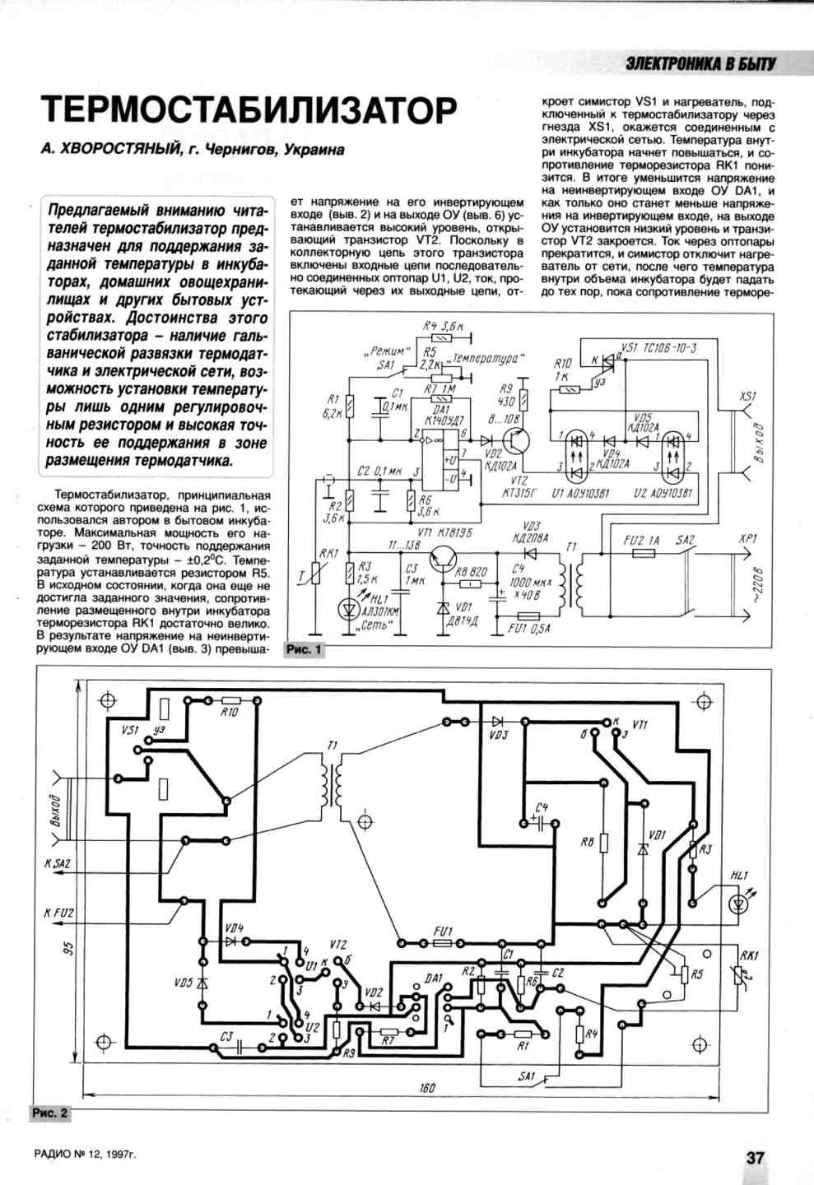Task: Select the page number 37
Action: pyautogui.click(x=755, y=1157)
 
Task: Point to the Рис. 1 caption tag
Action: pyautogui.click(x=304, y=650)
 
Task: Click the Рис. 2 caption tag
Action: pyautogui.click(x=50, y=1113)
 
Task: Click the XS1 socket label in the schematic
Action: pyautogui.click(x=747, y=397)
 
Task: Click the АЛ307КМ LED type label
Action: pyautogui.click(x=380, y=612)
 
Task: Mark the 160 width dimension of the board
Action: pyautogui.click(x=426, y=1088)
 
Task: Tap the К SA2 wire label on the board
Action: pyautogui.click(x=58, y=864)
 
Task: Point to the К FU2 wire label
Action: pyautogui.click(x=58, y=913)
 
